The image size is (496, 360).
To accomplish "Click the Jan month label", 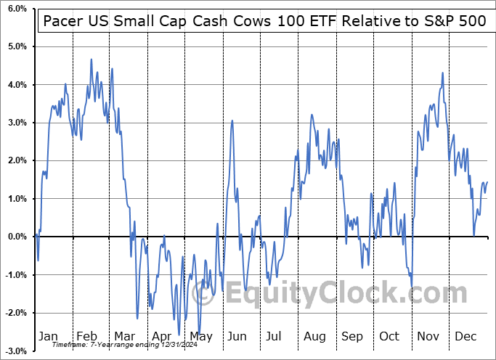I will click(x=49, y=336).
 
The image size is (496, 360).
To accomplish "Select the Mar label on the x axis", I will click(x=124, y=336).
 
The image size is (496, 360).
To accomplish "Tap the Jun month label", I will click(x=237, y=336).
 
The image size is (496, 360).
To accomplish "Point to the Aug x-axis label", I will click(x=314, y=336).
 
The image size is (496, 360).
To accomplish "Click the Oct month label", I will click(x=389, y=336).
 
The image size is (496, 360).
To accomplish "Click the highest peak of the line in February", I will click(x=92, y=60).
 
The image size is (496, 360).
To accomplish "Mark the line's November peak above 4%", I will click(x=443, y=73).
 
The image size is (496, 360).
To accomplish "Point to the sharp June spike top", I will click(x=232, y=120).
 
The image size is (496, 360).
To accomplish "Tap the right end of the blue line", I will click(x=487, y=181).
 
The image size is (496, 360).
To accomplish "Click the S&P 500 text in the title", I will click(x=457, y=20).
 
